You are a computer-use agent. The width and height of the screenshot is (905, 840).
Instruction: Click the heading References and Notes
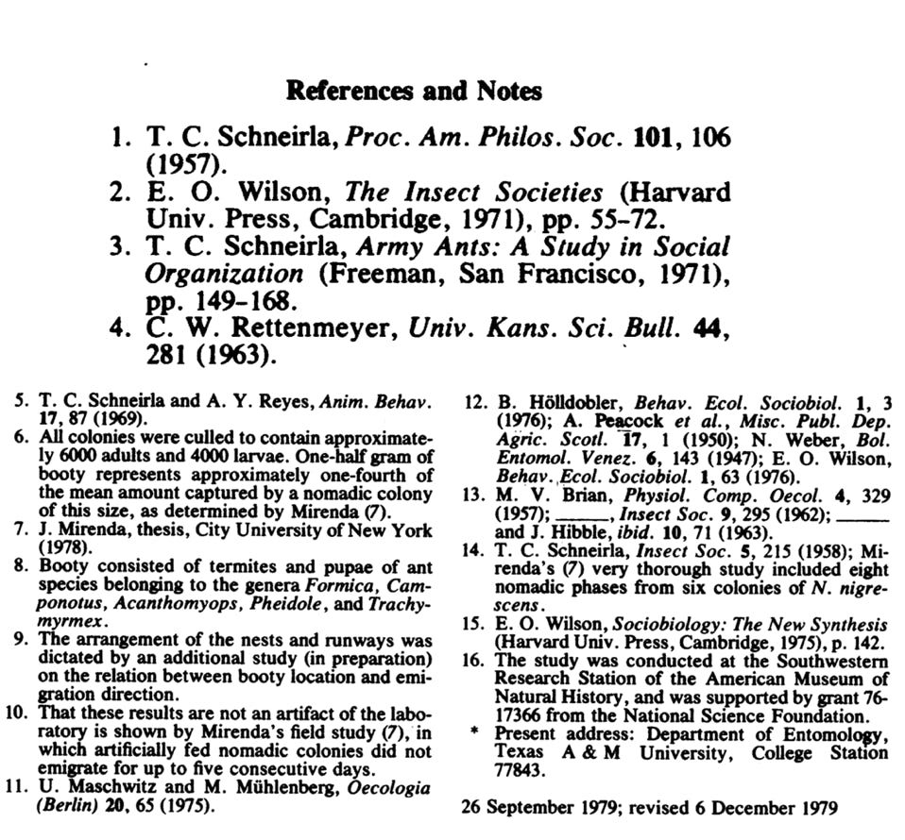point(414,92)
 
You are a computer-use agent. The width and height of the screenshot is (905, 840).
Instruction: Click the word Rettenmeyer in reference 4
point(284,331)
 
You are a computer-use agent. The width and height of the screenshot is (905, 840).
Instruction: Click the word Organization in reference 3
point(224,276)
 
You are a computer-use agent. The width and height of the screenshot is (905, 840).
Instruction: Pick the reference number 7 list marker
point(21,529)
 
